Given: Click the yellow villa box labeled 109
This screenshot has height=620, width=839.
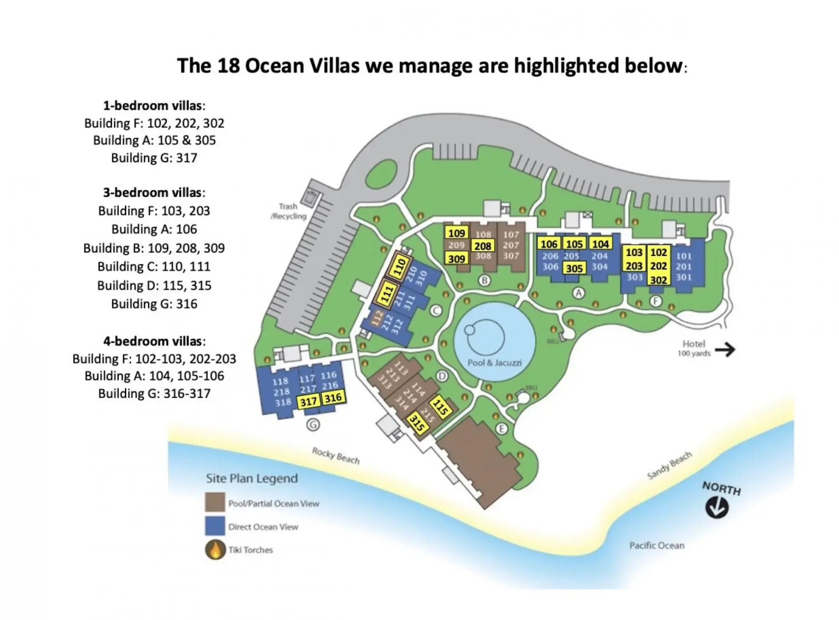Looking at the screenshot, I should pos(457,233).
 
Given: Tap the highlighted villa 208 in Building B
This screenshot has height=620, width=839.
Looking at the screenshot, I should pos(483,246).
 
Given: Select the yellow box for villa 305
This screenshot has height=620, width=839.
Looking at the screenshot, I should pos(574,268).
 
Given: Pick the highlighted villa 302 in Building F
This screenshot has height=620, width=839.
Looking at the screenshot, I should pos(658,280).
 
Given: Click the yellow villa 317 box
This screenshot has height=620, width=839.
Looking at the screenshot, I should pos(309,401).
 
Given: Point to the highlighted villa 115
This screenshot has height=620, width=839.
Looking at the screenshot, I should pos(441,406).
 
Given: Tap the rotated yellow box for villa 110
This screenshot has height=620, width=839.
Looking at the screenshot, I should pos(401,268).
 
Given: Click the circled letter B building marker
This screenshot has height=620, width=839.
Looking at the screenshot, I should pos(484,280).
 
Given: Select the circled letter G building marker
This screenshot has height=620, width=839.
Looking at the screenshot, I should pos(313,425).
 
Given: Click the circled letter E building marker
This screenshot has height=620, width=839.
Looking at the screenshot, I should pos(502,429).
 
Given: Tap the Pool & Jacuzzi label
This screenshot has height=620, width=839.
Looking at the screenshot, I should pos(494,363).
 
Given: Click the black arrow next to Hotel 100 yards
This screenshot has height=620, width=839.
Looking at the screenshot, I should pos(725,349).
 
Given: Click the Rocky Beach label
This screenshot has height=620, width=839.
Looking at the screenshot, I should pos(336,455).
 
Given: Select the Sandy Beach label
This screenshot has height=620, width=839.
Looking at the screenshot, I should pos(669,465).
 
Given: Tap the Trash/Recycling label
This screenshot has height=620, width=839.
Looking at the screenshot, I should pos(289,211).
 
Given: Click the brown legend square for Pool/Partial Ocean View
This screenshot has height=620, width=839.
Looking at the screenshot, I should pos(215,502).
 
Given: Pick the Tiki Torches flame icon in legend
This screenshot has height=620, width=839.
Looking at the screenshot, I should pos(215,549).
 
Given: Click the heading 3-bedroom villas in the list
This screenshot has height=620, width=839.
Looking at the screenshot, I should pos(154,192).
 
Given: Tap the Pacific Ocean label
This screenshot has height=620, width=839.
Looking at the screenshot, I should pos(657,545).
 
